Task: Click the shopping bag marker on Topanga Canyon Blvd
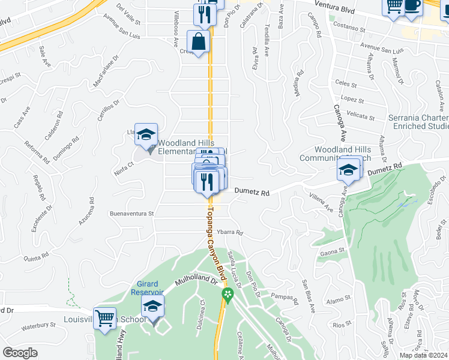[x=198, y=42]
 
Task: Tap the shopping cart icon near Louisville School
[x=105, y=319]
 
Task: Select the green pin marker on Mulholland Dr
[x=227, y=294]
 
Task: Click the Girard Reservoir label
[x=145, y=288]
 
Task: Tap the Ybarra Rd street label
[x=230, y=232]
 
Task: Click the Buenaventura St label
[x=131, y=213]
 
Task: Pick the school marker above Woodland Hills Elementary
[x=145, y=134]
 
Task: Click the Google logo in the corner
[x=20, y=353]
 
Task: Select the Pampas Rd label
[x=285, y=298]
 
